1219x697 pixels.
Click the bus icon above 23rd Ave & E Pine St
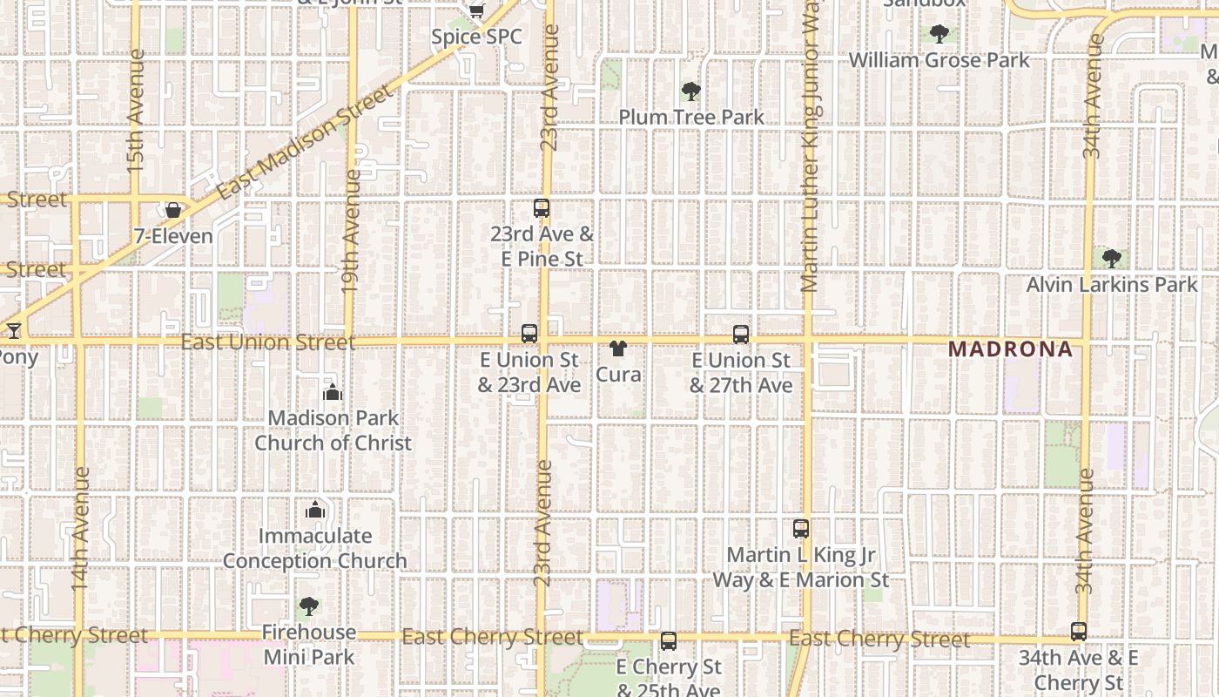click(x=542, y=208)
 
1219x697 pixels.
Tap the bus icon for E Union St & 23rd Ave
click(x=529, y=334)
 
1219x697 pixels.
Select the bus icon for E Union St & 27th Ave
click(x=741, y=334)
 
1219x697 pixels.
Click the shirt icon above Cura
click(x=618, y=348)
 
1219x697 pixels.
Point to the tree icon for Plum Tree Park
click(x=691, y=91)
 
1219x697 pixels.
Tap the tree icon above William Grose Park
click(x=939, y=35)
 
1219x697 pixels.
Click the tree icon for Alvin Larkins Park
click(x=1112, y=259)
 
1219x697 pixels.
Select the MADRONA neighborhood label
click(x=1010, y=349)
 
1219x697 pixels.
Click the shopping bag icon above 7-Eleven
click(x=173, y=210)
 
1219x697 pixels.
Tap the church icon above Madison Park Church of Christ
click(x=333, y=392)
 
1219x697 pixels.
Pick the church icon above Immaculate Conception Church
click(x=315, y=510)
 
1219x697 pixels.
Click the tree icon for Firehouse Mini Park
click(x=308, y=606)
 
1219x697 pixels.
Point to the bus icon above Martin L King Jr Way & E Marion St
click(x=801, y=529)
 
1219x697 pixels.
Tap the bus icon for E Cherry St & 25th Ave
click(x=669, y=641)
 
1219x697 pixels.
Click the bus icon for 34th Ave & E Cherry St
click(x=1079, y=633)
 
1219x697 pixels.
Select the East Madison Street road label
click(x=305, y=143)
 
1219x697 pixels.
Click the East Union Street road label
click(x=268, y=342)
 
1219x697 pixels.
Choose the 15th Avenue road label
click(x=136, y=110)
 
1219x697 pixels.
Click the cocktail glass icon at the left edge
click(x=13, y=331)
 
